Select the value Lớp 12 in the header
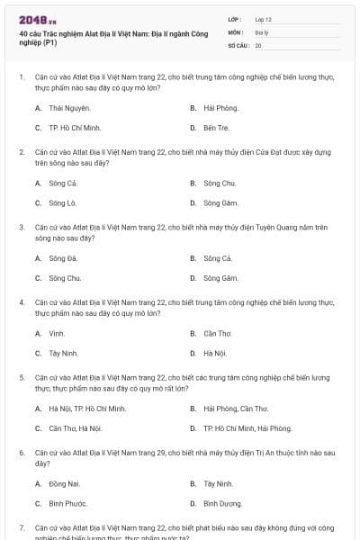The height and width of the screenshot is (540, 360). coord(263,19)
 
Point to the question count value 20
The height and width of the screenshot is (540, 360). coord(258,44)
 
